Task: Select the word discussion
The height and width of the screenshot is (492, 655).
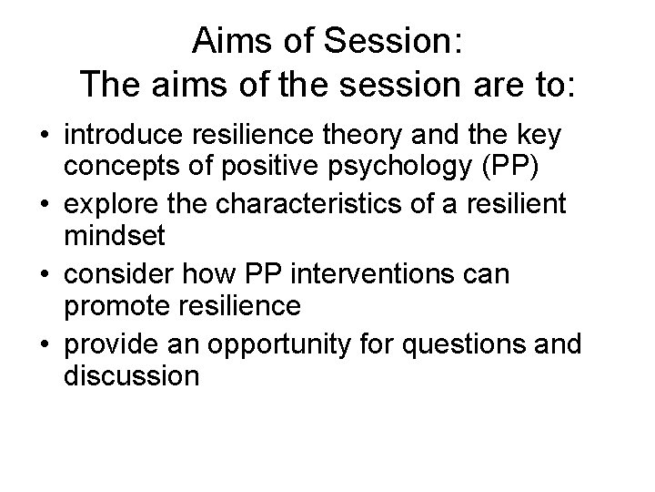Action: [131, 374]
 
